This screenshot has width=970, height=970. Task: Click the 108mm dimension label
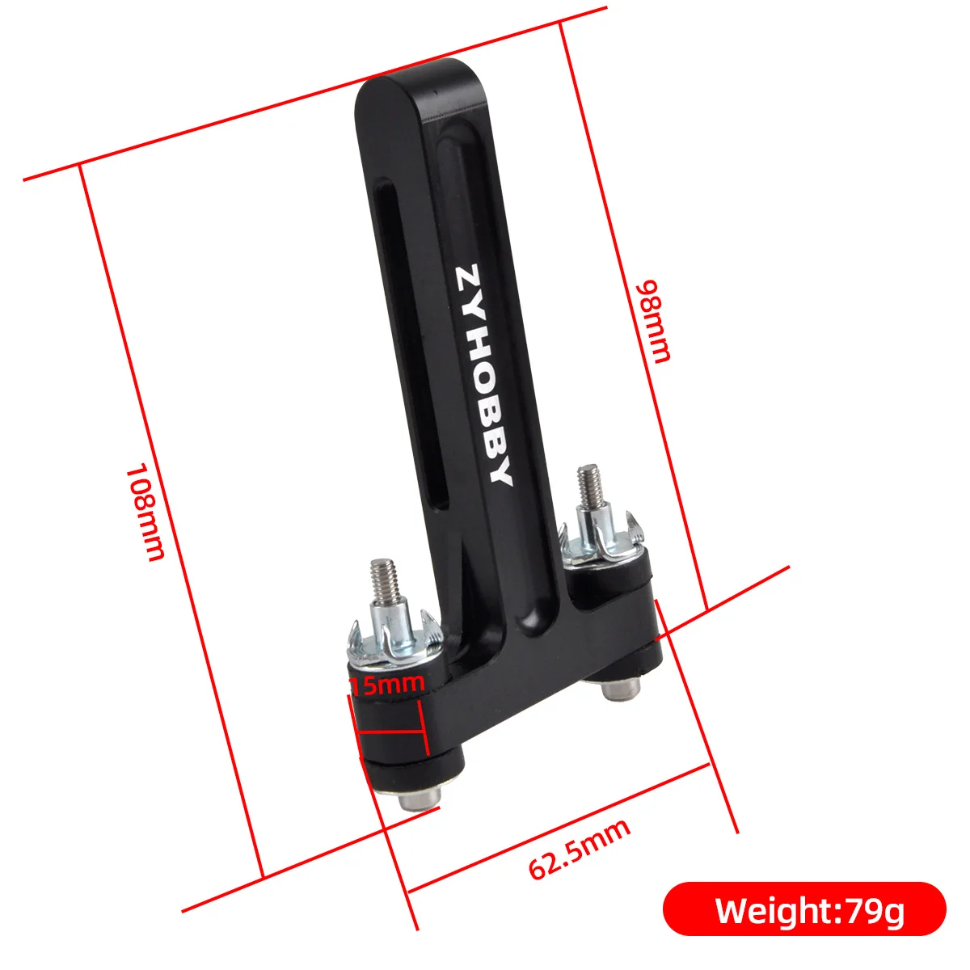145,512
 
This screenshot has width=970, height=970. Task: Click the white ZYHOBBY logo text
483,375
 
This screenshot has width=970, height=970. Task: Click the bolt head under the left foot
420,798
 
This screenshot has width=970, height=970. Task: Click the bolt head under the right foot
621,689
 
